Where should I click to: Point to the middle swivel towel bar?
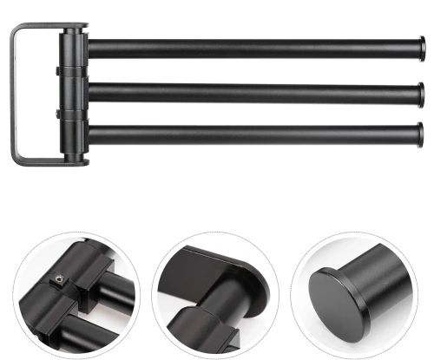point(252,90)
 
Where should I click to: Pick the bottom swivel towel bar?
point(252,133)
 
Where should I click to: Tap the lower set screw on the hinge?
point(56,113)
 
